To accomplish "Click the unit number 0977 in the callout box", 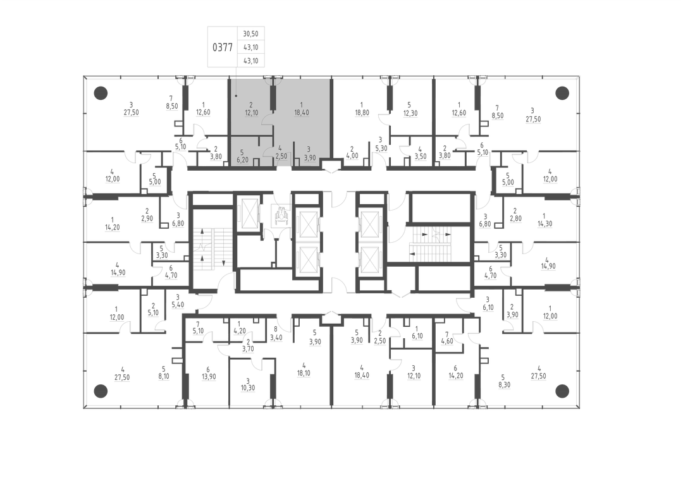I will [223, 47].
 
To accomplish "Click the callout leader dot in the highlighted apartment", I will [236, 95].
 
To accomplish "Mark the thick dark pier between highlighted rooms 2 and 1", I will [273, 97].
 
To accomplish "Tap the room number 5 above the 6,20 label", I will [242, 152].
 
